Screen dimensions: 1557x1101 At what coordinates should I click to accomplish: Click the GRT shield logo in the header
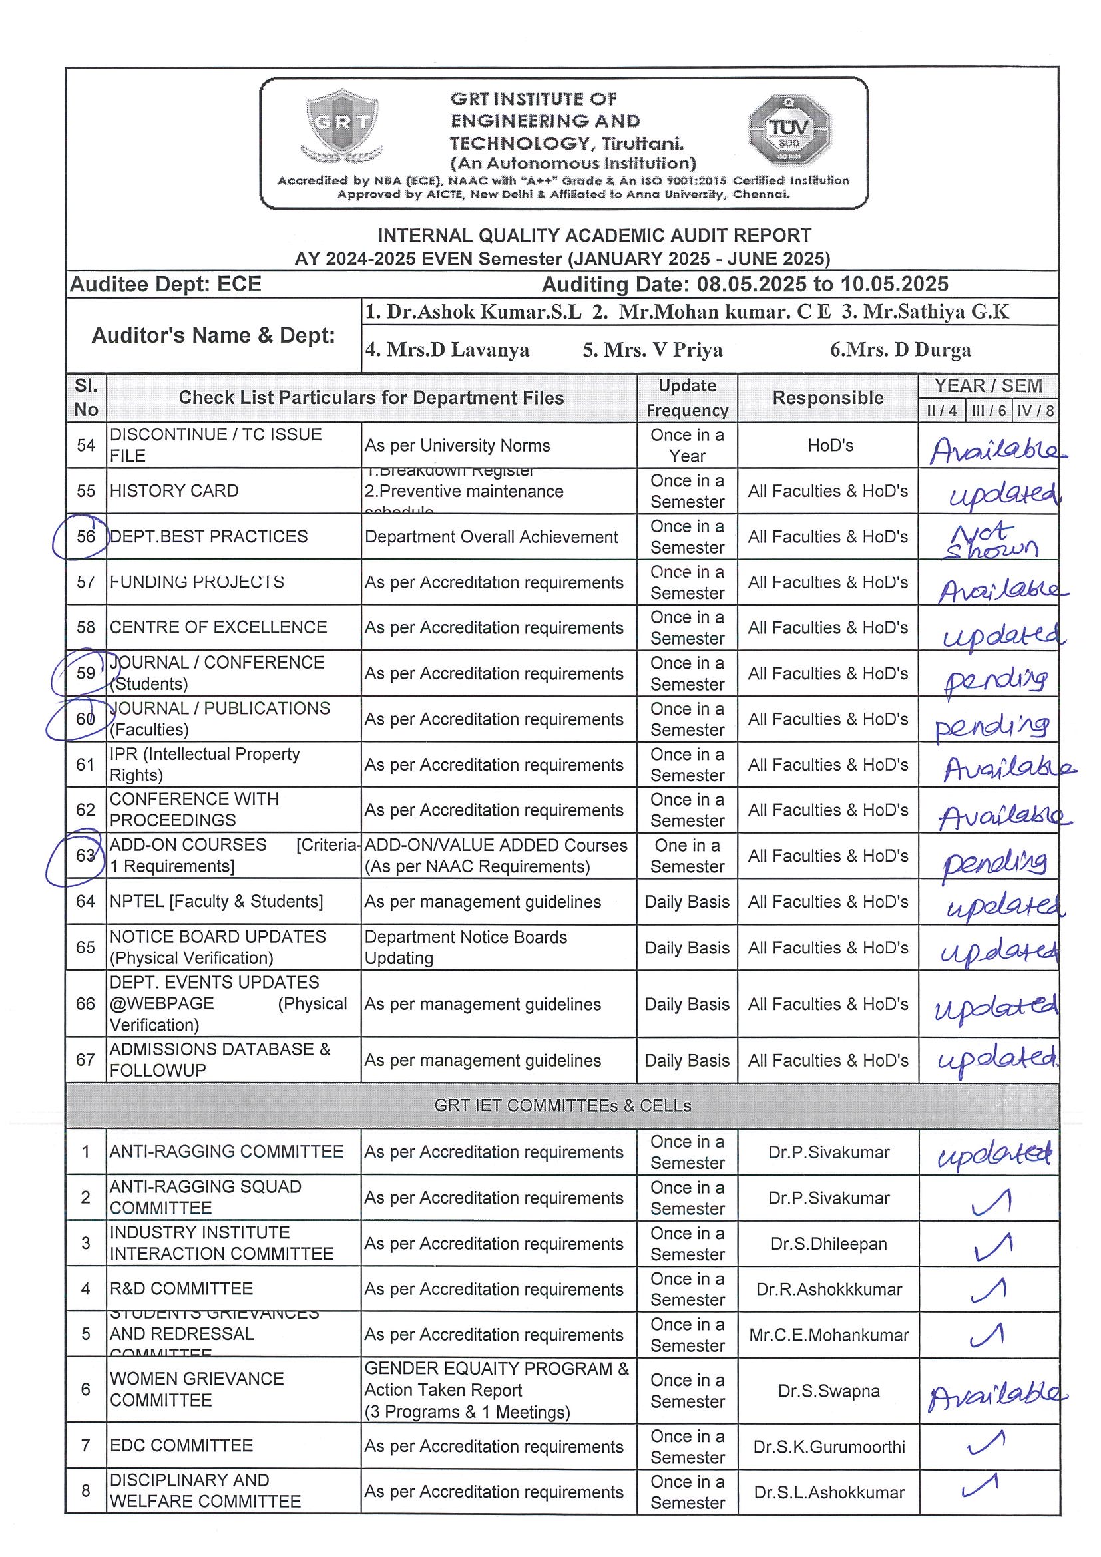click(x=342, y=127)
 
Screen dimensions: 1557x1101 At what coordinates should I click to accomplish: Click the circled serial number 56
click(x=84, y=536)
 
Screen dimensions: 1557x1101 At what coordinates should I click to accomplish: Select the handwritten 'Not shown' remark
click(x=990, y=540)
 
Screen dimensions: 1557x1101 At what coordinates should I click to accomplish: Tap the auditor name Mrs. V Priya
click(x=652, y=350)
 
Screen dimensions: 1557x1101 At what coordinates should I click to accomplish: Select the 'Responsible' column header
click(x=827, y=398)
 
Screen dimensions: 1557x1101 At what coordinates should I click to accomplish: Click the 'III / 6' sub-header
click(x=988, y=411)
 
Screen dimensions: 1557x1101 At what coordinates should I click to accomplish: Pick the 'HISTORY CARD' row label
click(x=174, y=491)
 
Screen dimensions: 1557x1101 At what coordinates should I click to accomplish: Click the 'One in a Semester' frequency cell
click(x=687, y=856)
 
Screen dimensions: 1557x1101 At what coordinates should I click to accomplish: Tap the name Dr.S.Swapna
click(x=828, y=1391)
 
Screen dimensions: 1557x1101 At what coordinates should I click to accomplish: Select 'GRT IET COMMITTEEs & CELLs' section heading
click(x=562, y=1105)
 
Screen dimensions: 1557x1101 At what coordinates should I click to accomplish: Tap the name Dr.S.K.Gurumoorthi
click(x=828, y=1447)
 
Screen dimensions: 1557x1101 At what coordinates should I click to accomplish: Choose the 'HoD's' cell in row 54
click(x=830, y=446)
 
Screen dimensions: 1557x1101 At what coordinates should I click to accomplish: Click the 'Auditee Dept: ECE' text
click(x=166, y=284)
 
